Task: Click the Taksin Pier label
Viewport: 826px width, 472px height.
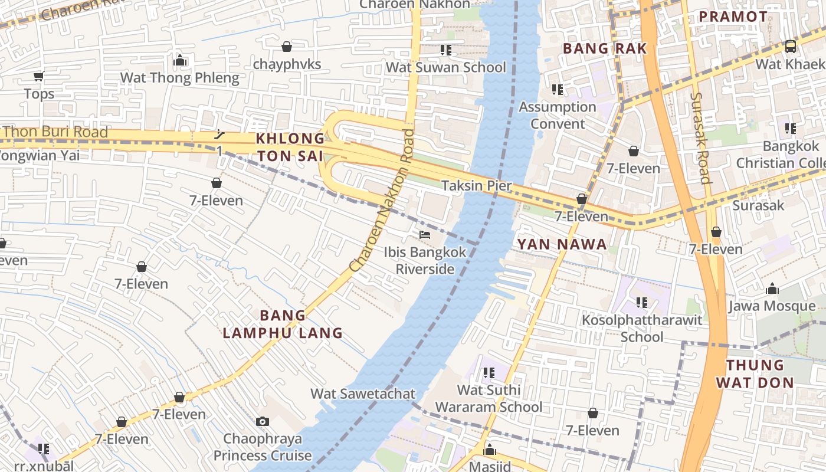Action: tap(477, 186)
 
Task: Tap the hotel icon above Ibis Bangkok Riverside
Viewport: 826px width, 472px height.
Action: tap(424, 235)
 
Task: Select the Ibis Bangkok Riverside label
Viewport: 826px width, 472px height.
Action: tap(425, 261)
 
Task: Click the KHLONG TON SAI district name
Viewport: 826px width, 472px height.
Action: tap(290, 147)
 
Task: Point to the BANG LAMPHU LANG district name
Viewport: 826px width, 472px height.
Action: tap(283, 324)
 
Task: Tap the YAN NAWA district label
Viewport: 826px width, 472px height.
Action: tap(562, 244)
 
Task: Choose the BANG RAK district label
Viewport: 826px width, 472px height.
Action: tap(605, 48)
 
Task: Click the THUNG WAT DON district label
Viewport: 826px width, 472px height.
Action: tap(755, 373)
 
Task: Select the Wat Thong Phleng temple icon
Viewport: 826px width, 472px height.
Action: tap(180, 61)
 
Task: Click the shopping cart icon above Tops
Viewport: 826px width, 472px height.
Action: tap(39, 76)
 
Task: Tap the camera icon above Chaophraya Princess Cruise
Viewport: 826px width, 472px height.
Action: tap(263, 421)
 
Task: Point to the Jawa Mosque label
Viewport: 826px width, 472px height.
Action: tap(772, 306)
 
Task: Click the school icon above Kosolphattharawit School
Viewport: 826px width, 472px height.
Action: tap(642, 303)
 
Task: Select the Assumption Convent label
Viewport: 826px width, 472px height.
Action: tap(558, 115)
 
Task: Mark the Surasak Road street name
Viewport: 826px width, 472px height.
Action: tap(699, 137)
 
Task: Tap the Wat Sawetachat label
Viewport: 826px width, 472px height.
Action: tap(363, 394)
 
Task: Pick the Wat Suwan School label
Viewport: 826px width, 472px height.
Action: tap(446, 67)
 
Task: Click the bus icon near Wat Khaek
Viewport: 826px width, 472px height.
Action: tap(790, 46)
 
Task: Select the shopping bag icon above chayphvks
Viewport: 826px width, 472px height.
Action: tap(287, 47)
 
